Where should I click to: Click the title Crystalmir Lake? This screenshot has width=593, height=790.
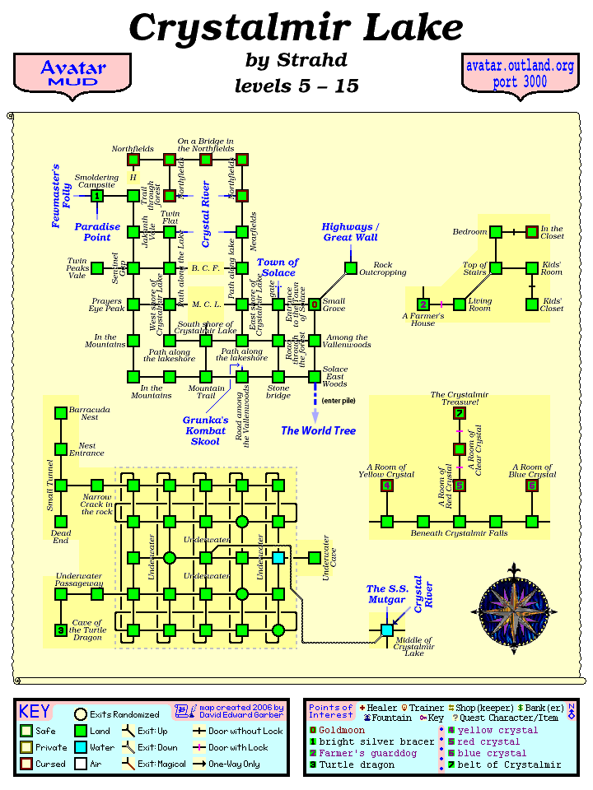(296, 28)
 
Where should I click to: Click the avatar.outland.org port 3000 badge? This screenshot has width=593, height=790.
(519, 73)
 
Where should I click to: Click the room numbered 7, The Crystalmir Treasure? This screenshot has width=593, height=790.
(460, 413)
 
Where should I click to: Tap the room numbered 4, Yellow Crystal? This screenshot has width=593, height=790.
(387, 486)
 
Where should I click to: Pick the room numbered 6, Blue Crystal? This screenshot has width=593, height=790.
(532, 486)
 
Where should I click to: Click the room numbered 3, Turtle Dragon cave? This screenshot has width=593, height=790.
(61, 630)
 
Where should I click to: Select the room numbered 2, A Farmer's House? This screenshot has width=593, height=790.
(423, 304)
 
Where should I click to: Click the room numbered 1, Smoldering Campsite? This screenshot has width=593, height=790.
(97, 196)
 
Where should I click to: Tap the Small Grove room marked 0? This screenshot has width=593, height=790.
(315, 304)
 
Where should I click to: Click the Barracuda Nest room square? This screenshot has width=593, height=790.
(61, 413)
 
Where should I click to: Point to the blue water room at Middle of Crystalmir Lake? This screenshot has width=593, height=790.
(387, 630)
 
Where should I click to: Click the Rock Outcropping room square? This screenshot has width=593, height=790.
(351, 268)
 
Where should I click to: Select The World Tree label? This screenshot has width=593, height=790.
(318, 430)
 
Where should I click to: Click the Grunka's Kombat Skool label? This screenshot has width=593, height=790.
(204, 430)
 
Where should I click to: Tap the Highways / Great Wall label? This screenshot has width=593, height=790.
(350, 232)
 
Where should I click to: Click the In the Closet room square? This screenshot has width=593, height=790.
(532, 232)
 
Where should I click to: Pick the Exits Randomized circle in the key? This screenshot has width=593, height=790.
(81, 714)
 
